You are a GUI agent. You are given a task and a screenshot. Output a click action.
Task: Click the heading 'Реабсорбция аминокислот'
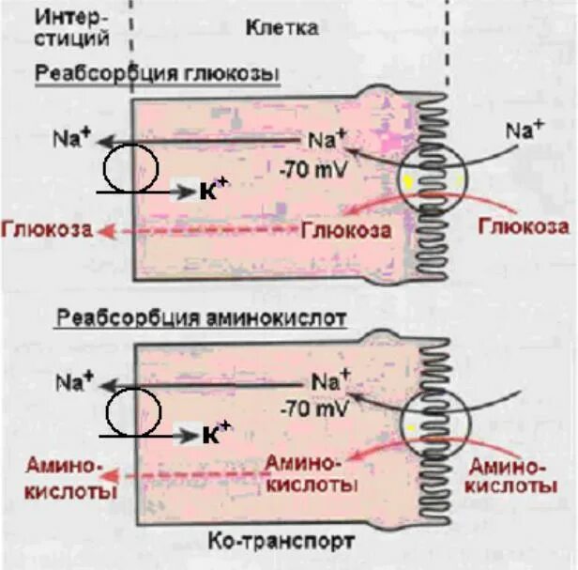coord(202,317)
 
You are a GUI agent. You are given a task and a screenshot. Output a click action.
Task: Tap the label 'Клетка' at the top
coord(281,27)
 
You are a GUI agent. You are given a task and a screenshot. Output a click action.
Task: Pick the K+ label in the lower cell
coord(215,435)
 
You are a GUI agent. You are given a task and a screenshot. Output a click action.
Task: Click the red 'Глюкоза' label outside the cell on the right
coord(523,226)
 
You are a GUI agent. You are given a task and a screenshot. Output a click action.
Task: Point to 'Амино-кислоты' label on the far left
coord(57,478)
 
